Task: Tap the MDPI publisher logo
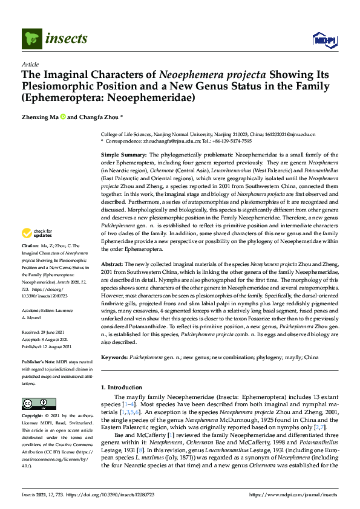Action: pyautogui.click(x=322, y=39)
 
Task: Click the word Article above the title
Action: pyautogui.click(x=30, y=63)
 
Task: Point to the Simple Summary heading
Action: pyautogui.click(x=123, y=155)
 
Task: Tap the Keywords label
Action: pyautogui.click(x=116, y=357)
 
